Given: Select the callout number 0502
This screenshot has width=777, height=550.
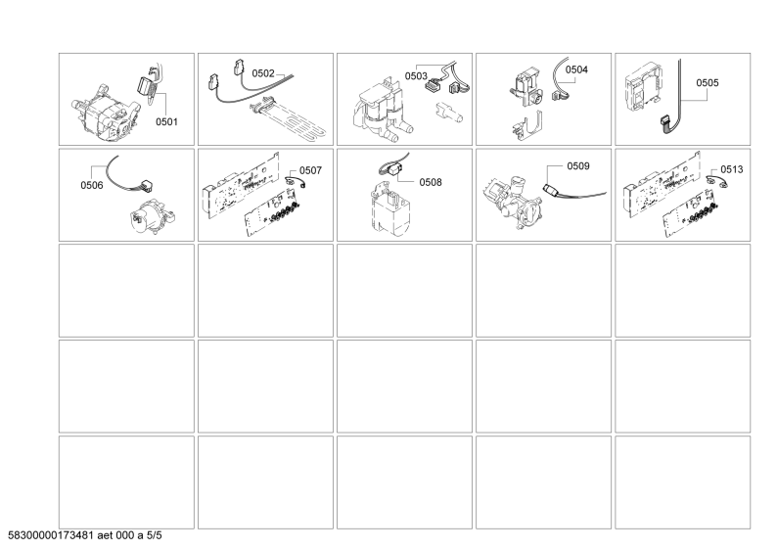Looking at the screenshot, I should [x=264, y=73].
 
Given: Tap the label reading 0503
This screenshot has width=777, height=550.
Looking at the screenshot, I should [x=416, y=75].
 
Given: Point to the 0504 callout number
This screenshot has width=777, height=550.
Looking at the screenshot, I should [x=576, y=70].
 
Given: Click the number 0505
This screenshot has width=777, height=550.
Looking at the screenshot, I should [x=707, y=83].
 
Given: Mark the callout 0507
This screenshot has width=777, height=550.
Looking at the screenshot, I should [x=310, y=170].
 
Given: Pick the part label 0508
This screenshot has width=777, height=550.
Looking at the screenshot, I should [x=432, y=182].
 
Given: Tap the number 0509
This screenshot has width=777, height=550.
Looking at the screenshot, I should [x=578, y=166].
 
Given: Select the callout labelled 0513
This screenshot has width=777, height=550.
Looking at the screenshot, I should [x=731, y=169].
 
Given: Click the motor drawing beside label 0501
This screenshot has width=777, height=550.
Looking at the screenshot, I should [x=102, y=108].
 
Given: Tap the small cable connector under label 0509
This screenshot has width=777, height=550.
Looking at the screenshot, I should [x=550, y=189].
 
